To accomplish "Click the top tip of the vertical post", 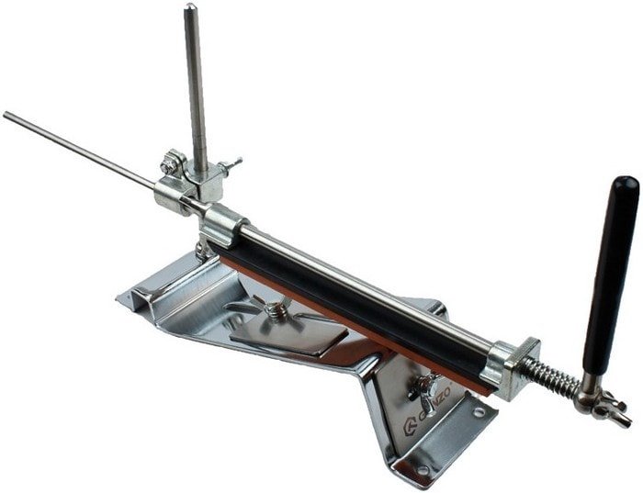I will pyautogui.click(x=189, y=8).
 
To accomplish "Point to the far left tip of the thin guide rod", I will pyautogui.click(x=6, y=115).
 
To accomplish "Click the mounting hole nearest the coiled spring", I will pyautogui.click(x=479, y=413).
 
